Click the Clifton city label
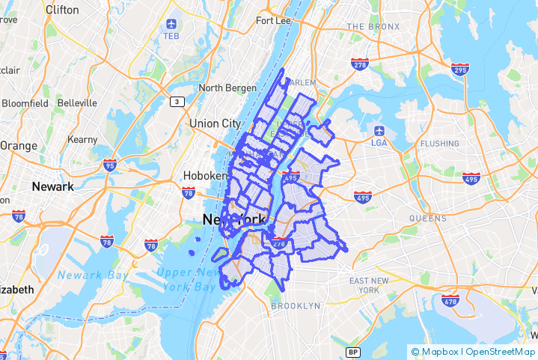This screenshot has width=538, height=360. pyautogui.click(x=61, y=10)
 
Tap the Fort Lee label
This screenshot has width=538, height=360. pyautogui.click(x=273, y=21)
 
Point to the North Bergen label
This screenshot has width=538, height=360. pyautogui.click(x=227, y=88)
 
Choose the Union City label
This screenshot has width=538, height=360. pyautogui.click(x=215, y=123)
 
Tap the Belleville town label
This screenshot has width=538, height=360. pyautogui.click(x=77, y=103)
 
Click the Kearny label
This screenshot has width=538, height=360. pyautogui.click(x=82, y=140)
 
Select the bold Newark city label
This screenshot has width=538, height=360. pyautogui.click(x=52, y=186)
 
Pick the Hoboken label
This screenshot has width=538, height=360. pyautogui.click(x=204, y=177)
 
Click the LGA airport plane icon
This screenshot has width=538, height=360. pyautogui.click(x=379, y=130)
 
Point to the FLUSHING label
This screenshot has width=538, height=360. pyautogui.click(x=439, y=144)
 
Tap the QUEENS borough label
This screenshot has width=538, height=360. pyautogui.click(x=427, y=219)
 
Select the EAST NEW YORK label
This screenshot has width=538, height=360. pyautogui.click(x=369, y=285)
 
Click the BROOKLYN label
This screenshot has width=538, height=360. pyautogui.click(x=296, y=306)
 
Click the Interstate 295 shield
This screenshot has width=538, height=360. pyautogui.click(x=459, y=70)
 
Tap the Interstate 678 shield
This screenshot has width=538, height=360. pyautogui.click(x=450, y=301)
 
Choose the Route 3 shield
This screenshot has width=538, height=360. pyautogui.click(x=177, y=101)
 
